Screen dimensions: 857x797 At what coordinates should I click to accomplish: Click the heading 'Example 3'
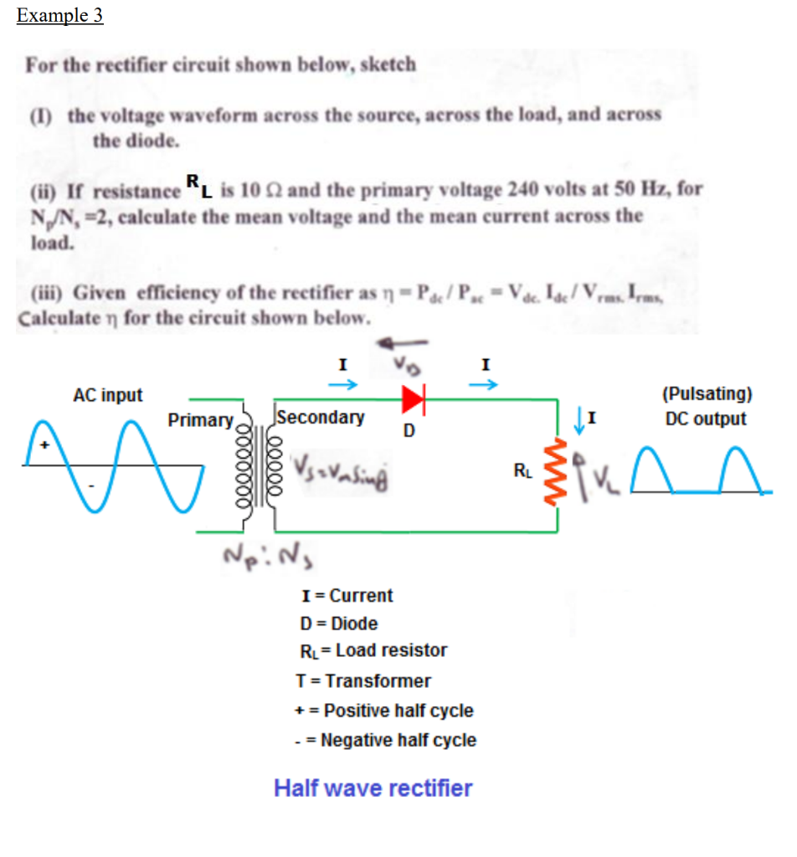[59, 16]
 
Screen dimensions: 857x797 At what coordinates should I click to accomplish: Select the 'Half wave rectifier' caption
[373, 788]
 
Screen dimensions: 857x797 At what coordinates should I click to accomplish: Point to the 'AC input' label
[108, 394]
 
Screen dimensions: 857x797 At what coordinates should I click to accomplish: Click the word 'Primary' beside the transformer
[200, 419]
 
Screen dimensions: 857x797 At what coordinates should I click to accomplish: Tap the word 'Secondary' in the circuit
[321, 416]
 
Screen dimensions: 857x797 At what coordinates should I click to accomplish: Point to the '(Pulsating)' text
[707, 393]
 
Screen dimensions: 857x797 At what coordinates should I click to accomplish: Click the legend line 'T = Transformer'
[364, 680]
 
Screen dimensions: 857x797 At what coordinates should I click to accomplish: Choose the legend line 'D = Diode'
[338, 624]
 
